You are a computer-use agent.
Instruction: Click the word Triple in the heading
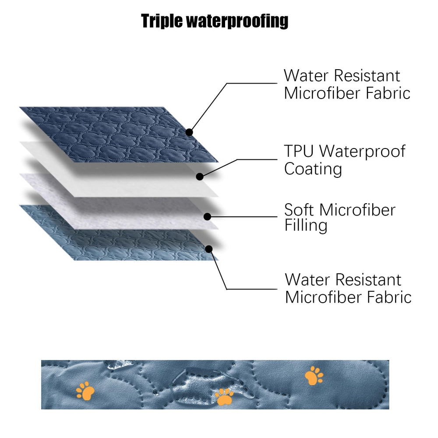tap(162, 21)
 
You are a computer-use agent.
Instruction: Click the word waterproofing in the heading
tap(237, 21)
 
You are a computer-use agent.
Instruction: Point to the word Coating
tap(313, 169)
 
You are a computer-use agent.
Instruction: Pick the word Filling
tap(306, 226)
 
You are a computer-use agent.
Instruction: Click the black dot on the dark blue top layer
tap(189, 132)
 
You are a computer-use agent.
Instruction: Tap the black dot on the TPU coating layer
tap(200, 177)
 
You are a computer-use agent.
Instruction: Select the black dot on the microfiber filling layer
tap(207, 216)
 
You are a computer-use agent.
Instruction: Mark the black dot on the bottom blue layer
tap(208, 249)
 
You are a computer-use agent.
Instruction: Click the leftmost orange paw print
tap(85, 391)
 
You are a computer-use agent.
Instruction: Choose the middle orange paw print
tap(224, 397)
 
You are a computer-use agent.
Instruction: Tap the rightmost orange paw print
tap(314, 376)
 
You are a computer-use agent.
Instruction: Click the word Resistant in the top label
tap(367, 76)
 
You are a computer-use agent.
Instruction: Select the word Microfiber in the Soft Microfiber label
tap(357, 210)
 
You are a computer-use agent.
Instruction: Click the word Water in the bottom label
tap(307, 279)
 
